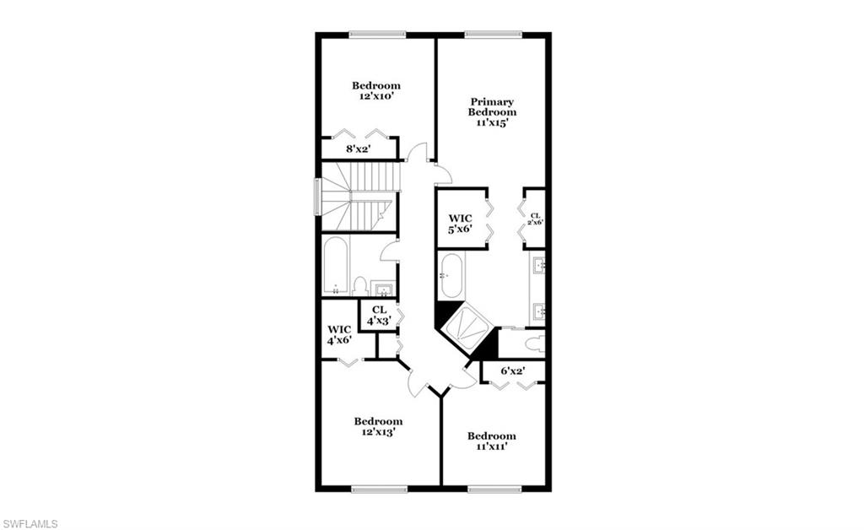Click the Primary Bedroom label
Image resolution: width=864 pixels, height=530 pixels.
(493, 106)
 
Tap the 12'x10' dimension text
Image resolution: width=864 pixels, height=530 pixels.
(375, 96)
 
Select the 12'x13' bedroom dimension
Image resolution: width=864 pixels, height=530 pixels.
(377, 431)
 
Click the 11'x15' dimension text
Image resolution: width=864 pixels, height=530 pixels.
(493, 122)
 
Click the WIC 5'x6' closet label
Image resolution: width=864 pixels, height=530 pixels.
(460, 224)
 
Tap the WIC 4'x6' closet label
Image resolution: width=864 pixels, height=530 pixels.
(339, 334)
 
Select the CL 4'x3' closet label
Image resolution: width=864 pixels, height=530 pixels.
(379, 315)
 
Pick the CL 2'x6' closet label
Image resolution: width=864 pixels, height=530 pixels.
(535, 219)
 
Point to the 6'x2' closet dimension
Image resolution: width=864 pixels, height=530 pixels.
(513, 370)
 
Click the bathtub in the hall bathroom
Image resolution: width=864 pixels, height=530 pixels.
(335, 266)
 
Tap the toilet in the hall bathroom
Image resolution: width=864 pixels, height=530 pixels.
(359, 285)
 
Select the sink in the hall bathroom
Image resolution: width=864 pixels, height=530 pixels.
(385, 290)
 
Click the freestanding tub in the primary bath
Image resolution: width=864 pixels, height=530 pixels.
(451, 276)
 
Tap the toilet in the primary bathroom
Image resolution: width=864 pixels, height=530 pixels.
(532, 343)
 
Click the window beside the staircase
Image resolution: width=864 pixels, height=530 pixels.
(317, 196)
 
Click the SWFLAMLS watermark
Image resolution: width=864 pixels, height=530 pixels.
(30, 523)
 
